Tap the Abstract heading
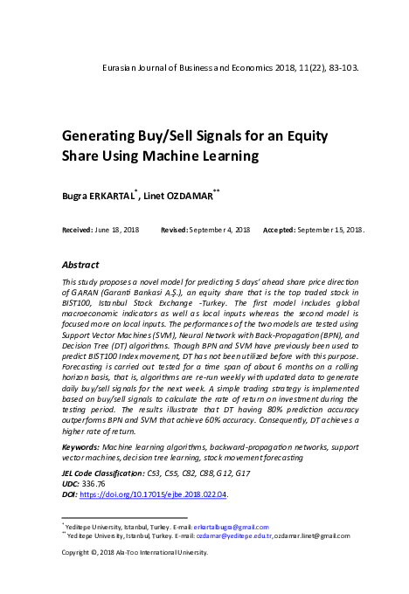click(81, 264)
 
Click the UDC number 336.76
click(93, 483)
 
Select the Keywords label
click(80, 447)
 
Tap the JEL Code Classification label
click(102, 473)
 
